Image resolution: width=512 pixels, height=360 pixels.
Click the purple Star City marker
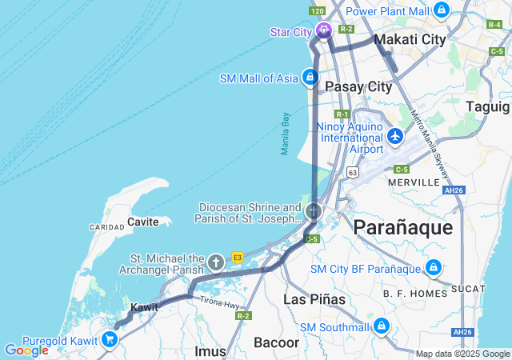(324, 31)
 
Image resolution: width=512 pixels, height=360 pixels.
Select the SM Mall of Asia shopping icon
(310, 78)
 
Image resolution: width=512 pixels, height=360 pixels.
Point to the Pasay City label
(358, 86)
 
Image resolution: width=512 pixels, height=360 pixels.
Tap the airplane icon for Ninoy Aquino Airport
(395, 137)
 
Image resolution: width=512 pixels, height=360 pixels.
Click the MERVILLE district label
(414, 182)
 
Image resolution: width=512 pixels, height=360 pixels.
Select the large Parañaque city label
(403, 227)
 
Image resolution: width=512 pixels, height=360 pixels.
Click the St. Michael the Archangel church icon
(215, 262)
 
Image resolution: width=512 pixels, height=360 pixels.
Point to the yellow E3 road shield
(238, 257)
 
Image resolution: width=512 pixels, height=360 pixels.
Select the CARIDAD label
(106, 227)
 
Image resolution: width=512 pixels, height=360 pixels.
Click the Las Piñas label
(314, 299)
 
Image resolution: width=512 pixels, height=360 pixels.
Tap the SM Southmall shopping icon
(382, 326)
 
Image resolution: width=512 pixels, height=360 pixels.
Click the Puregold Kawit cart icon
(110, 339)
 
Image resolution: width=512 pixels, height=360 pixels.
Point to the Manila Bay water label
(285, 133)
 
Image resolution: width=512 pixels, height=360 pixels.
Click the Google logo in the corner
(26, 350)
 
